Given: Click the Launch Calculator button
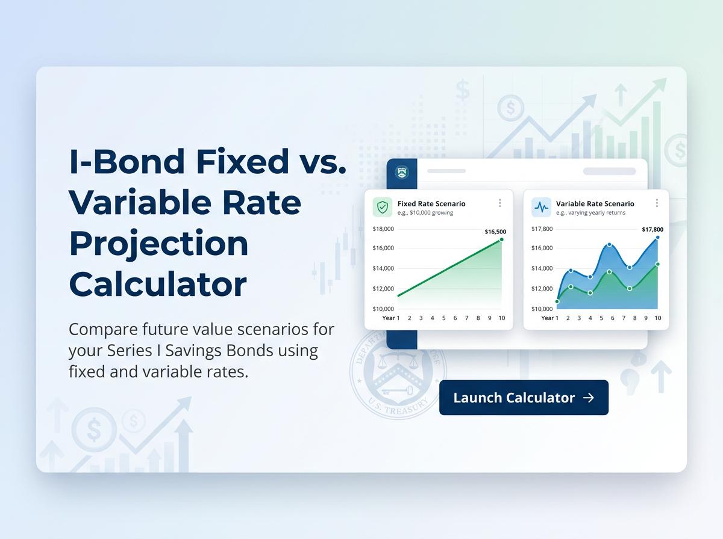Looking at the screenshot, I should pos(524,398).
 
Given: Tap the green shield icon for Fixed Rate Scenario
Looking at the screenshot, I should pos(383,208).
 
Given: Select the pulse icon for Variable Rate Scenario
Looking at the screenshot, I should pos(542,208).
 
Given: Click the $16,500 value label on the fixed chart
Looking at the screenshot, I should pos(495,232).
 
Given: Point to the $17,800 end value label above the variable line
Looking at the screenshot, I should pos(652,230).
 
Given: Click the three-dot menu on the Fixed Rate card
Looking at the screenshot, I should pos(499,203).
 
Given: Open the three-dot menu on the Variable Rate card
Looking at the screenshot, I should pos(657,203).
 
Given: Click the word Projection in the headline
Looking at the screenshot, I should pos(158,244).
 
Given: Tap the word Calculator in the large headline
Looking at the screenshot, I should pos(158,284).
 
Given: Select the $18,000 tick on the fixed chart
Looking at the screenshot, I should pos(383,229).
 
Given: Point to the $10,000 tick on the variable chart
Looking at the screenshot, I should pos(542,309).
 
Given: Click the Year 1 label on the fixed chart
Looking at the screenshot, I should pos(390,318).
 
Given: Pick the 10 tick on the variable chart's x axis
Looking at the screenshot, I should pos(657,318).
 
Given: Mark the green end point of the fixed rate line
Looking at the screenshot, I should pos(501,239).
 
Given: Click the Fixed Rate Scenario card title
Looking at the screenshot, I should pos(431,204).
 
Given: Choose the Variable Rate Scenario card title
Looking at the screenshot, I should pos(595,204).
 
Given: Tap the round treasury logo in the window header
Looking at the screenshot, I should pos(401,173).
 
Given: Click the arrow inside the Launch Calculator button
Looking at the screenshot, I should pos(589,398).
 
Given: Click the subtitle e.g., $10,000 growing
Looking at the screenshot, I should pos(425,213).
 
